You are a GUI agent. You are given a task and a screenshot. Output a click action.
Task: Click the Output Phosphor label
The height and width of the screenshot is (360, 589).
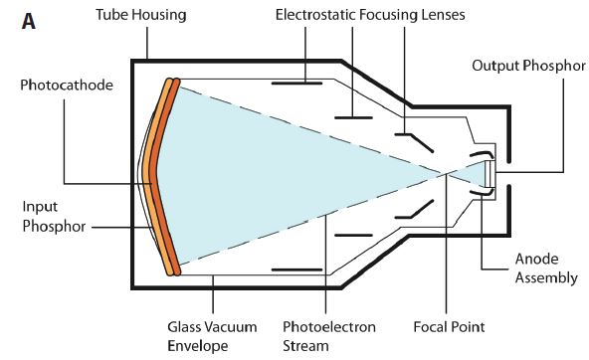pos(526,66)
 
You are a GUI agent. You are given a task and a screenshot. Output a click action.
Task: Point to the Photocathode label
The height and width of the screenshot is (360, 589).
pos(60,86)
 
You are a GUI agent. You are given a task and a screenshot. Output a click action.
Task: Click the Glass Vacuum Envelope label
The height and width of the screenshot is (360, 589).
pos(213,335)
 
